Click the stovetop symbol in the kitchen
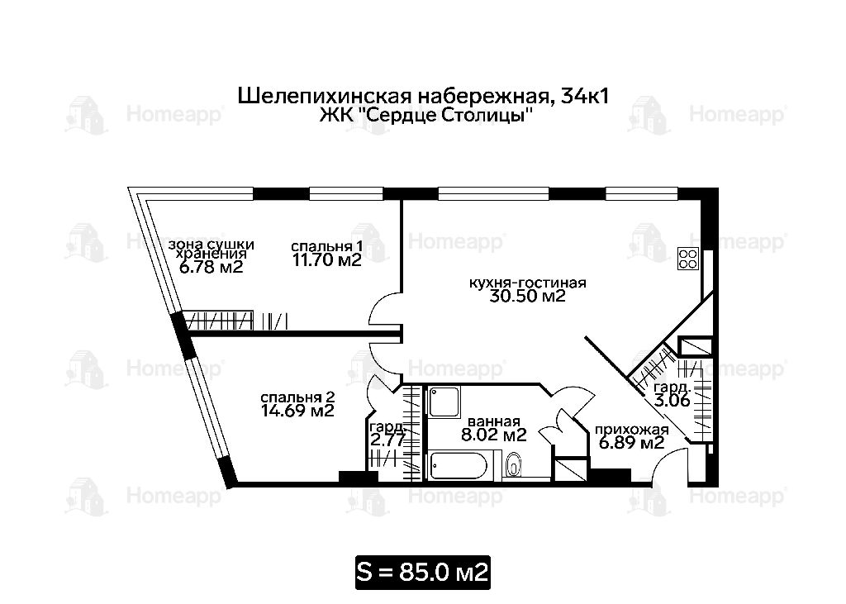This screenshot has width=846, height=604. coord(688,258)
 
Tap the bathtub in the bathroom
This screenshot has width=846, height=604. coord(459,465)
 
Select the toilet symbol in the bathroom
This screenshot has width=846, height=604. coord(514,464)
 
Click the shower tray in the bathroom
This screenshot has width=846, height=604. coord(444,402)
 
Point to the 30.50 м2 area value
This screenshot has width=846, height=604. coord(527,296)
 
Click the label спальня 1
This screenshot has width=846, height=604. coord(326,247)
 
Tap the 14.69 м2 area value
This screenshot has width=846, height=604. coord(297,411)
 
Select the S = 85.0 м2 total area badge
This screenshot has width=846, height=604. coord(422,572)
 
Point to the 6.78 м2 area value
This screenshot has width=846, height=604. coord(211,267)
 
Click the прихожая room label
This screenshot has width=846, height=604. coord(632,430)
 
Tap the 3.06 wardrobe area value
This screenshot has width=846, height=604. coord(673,401)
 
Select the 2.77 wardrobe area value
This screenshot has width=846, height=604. coord(387,440)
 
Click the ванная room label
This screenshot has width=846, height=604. coord(494,421)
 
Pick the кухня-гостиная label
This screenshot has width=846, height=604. coord(528,283)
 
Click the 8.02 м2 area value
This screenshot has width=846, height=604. coord(494,435)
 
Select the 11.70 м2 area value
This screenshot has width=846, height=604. coord(326,260)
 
